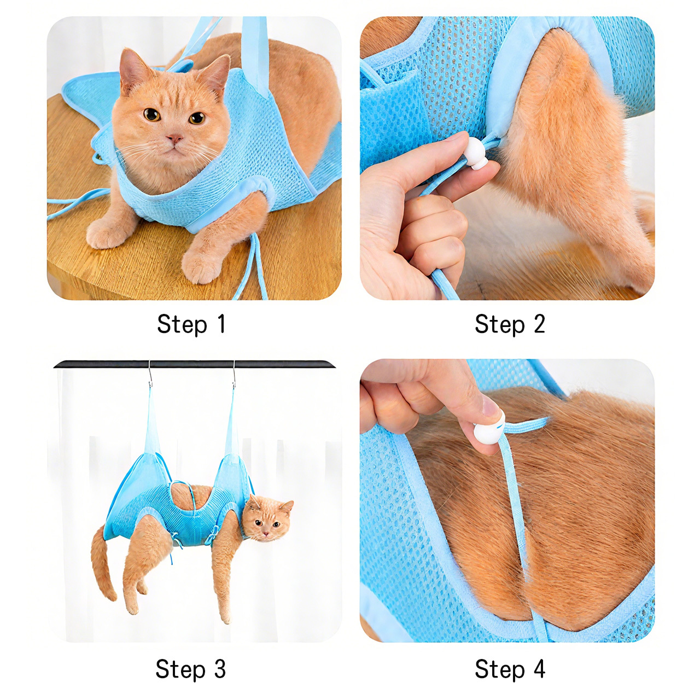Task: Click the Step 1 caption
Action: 191,324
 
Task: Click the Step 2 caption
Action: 510,324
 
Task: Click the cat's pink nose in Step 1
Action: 175,138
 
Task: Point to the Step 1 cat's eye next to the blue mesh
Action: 197,118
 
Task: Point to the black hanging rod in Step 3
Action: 192,364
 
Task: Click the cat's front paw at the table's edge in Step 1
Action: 199,265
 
